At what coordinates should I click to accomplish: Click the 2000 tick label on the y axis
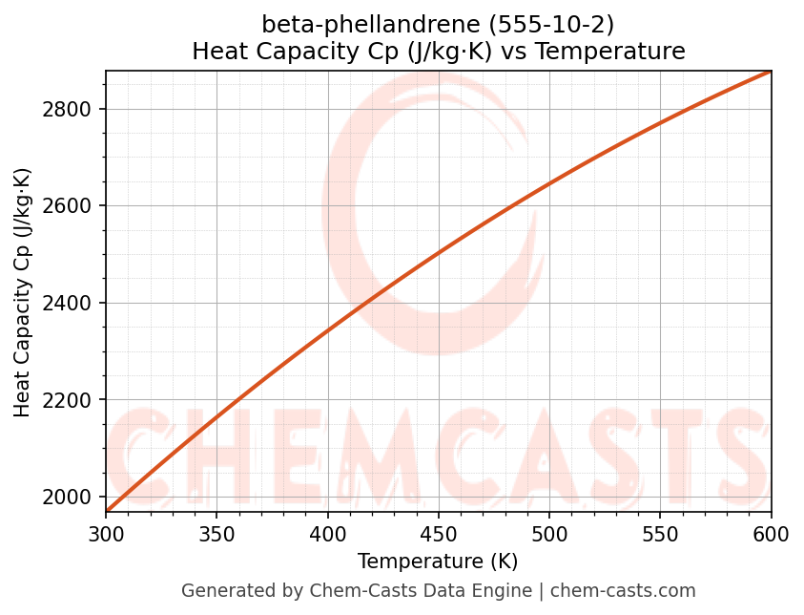[x=72, y=497]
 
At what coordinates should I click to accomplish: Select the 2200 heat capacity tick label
[x=72, y=400]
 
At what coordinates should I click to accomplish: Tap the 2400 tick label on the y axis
[x=72, y=303]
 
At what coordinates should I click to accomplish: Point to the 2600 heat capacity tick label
[x=72, y=206]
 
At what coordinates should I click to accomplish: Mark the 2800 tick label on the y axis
[x=72, y=109]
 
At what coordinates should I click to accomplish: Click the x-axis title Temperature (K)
[x=438, y=562]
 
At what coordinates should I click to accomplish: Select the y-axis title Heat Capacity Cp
[x=23, y=291]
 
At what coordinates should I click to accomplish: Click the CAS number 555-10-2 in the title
[x=554, y=24]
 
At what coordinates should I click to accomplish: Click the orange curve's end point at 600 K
[x=771, y=72]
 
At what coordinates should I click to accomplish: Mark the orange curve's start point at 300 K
[x=107, y=511]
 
